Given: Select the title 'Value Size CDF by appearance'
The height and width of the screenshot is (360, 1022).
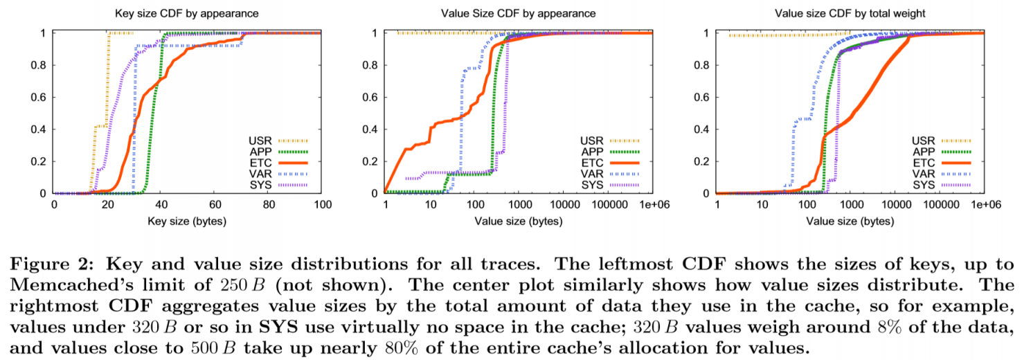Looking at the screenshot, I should (x=518, y=13).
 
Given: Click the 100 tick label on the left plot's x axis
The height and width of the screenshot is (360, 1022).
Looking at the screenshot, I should (x=322, y=206).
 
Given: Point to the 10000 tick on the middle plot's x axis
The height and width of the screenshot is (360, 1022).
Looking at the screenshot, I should (x=565, y=206).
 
